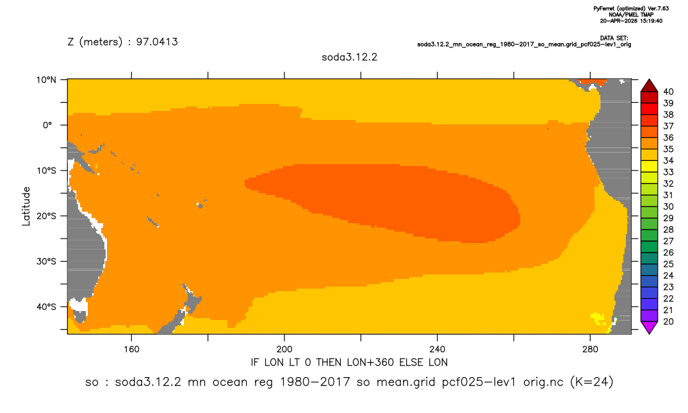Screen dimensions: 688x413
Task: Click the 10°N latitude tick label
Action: coord(46,80)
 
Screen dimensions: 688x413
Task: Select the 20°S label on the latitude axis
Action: coord(46,215)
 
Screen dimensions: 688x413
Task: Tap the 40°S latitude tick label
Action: coord(46,307)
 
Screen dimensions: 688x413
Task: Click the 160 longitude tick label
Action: coord(131,350)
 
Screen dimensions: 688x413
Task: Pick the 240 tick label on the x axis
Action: coord(438,350)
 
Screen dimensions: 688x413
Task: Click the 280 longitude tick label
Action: coord(590,350)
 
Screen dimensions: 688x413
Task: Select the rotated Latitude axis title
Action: coord(26,206)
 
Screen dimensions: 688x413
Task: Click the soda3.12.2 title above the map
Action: coord(349,57)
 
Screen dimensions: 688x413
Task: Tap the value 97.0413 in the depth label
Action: coord(157,42)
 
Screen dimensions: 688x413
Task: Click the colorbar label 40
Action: coord(668,92)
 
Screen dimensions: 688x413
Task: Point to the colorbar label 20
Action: coord(668,321)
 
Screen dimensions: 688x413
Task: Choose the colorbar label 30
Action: coord(668,206)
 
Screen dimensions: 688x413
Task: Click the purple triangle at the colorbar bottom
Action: coord(649,327)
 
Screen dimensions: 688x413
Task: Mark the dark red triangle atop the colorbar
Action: coord(649,86)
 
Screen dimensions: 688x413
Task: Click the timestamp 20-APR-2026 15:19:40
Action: coord(631,21)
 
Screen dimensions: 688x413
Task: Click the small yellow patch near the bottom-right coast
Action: coord(598,317)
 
